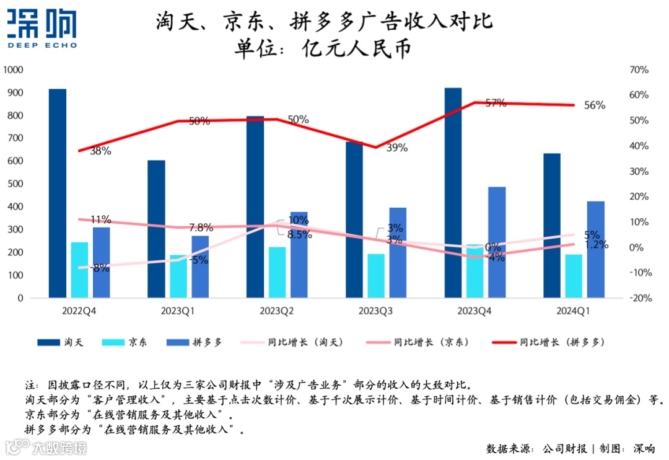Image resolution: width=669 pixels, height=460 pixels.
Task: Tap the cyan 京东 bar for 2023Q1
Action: pos(178,276)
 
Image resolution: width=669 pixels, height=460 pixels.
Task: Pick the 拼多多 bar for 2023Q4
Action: pos(497,242)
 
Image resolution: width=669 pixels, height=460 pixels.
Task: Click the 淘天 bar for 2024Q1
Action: pos(552,226)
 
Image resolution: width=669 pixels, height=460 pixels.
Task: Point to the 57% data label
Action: pos(496,104)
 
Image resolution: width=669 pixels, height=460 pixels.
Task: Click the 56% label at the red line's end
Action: pos(595,105)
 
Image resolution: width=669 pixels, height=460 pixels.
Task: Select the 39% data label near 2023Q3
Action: pos(397,148)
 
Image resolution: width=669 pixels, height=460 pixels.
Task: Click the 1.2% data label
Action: pos(595,244)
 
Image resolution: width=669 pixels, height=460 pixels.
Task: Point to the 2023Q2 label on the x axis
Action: pos(277,310)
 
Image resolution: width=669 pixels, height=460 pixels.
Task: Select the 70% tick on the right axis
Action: pos(638,70)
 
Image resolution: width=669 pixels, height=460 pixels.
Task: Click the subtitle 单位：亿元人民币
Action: pos(322,48)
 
